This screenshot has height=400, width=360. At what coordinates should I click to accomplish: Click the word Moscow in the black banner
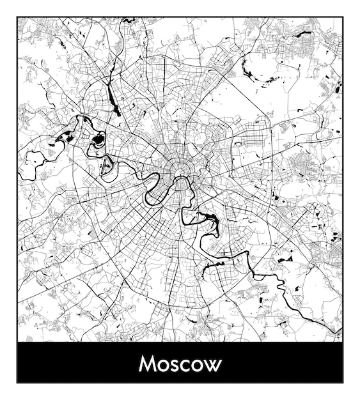coord(180,364)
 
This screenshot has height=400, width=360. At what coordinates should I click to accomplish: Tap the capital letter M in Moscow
coord(148,364)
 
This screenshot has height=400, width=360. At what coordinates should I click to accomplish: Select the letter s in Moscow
coord(176,366)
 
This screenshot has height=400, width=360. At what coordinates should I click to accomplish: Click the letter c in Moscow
coord(186,366)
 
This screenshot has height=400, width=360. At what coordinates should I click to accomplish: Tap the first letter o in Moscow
coord(164,366)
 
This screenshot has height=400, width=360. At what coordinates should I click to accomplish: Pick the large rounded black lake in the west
coord(98,140)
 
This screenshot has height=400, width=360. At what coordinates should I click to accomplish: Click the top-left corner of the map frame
coord(17,17)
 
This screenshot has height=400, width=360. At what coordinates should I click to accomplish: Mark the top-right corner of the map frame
coord(343,17)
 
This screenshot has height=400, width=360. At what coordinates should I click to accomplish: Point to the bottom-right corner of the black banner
coord(343,382)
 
